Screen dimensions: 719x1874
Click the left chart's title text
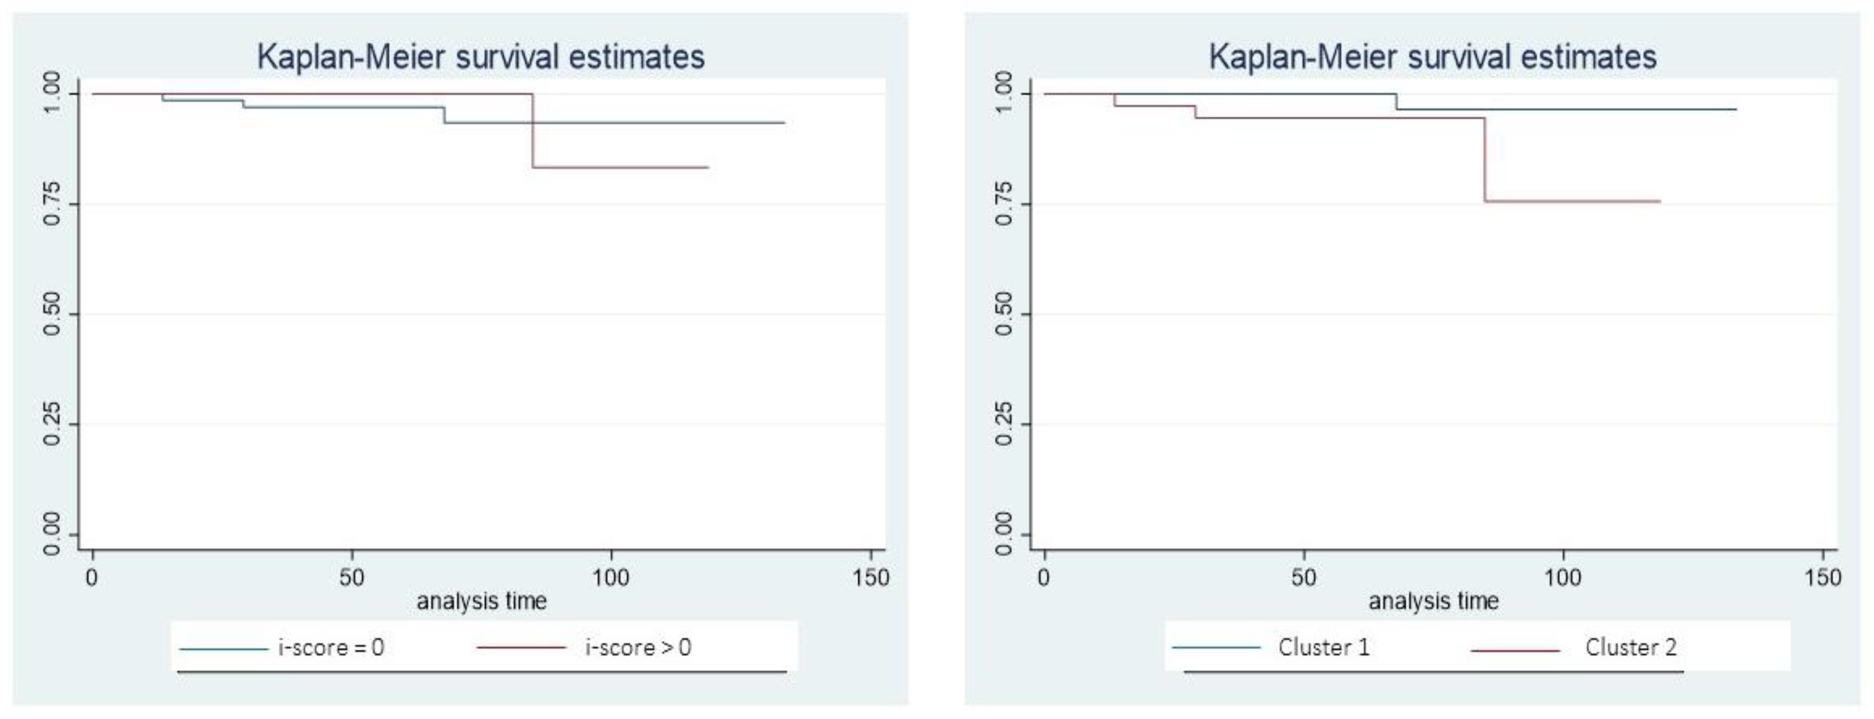[480, 56]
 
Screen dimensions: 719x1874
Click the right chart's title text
[1432, 56]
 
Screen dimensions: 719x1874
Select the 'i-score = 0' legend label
[331, 647]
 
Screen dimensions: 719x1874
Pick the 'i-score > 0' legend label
[638, 647]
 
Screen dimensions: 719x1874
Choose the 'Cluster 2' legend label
[1631, 647]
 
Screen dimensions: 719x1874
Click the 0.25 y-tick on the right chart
[1003, 424]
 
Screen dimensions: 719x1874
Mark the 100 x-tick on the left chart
[610, 578]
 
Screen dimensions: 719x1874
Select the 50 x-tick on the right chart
[1303, 578]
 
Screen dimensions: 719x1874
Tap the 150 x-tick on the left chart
[870, 578]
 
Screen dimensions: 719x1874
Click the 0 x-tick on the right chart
[1044, 578]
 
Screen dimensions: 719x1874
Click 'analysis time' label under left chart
[481, 601]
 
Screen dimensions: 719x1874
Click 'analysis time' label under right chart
[1433, 601]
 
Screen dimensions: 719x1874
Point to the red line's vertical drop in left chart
[533, 131]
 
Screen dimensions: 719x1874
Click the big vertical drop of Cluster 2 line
[1485, 160]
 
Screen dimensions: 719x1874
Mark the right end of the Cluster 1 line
[1735, 109]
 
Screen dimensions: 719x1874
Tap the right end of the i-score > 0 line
[707, 167]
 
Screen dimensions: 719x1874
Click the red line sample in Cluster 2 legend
[1515, 648]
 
